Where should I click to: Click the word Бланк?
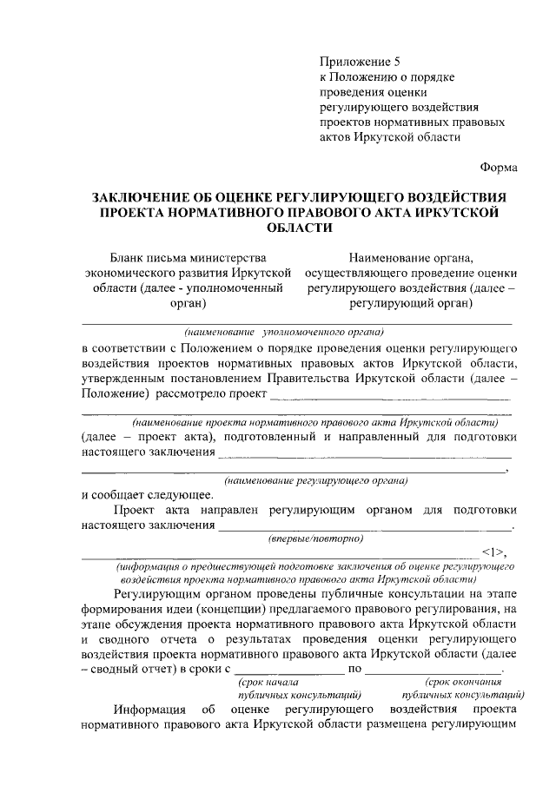129,257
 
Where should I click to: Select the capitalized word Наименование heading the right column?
394,257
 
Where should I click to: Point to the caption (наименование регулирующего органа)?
316,480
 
